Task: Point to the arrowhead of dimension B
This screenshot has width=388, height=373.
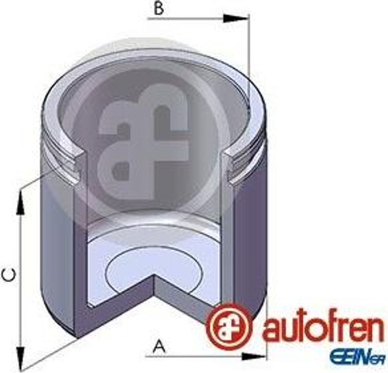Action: coord(236,18)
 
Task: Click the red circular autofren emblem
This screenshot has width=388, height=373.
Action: coord(228,326)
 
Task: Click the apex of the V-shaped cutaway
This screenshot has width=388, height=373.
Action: coord(154,275)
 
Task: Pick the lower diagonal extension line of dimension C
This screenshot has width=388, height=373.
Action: coord(49,354)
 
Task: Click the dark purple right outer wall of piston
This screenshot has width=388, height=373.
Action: coord(250,242)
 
